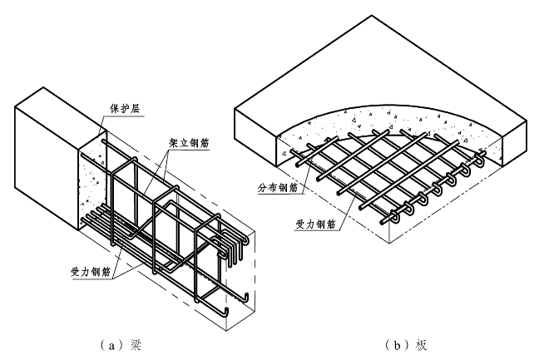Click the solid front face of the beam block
point(46,158)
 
